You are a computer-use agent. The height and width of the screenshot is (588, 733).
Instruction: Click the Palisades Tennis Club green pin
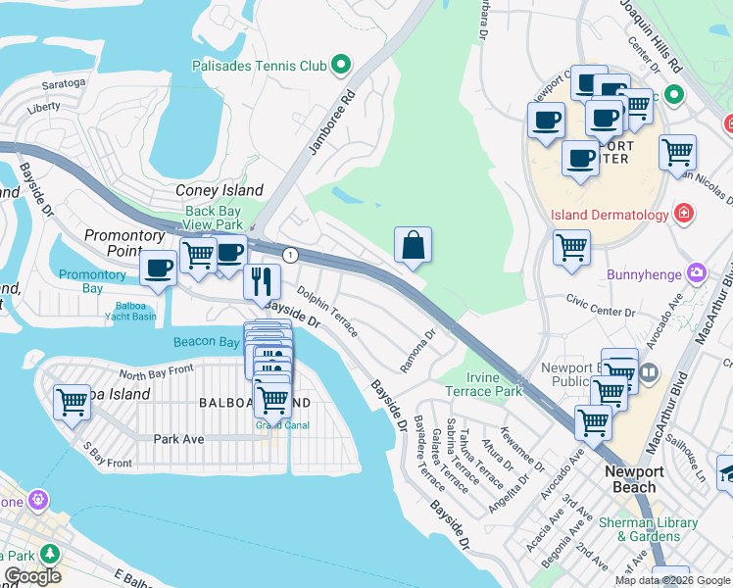pyautogui.click(x=341, y=66)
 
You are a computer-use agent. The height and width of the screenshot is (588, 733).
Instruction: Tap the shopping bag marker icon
pyautogui.click(x=414, y=245)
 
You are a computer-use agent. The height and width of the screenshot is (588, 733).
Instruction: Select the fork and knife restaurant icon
pyautogui.click(x=262, y=281)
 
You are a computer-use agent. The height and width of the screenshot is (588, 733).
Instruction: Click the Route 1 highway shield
pyautogui.click(x=290, y=255)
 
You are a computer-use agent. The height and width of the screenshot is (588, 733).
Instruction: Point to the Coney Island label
pyautogui.click(x=219, y=190)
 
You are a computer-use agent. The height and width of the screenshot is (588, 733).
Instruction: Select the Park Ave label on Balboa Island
pyautogui.click(x=178, y=439)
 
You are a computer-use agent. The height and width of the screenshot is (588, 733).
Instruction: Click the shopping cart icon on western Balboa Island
pyautogui.click(x=73, y=401)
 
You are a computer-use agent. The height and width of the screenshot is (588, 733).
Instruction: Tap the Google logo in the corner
pyautogui.click(x=33, y=576)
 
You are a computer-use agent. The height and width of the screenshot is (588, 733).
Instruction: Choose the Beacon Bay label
pyautogui.click(x=207, y=342)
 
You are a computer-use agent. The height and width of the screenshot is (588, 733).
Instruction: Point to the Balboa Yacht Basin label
pyautogui.click(x=130, y=311)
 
